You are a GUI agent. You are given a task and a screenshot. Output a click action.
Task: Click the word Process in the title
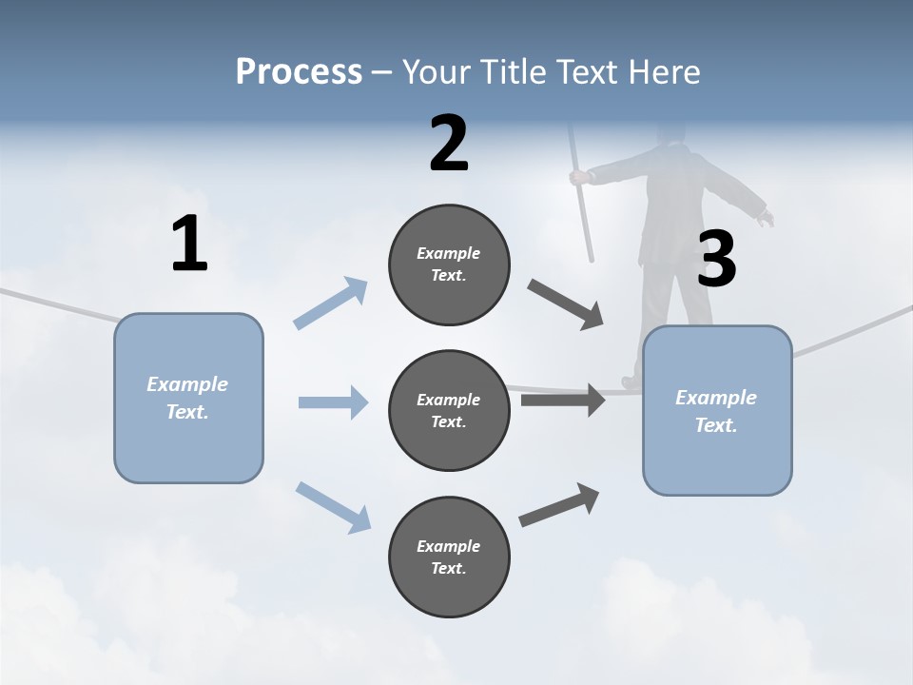[299, 71]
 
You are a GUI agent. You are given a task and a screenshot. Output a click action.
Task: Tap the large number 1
[189, 245]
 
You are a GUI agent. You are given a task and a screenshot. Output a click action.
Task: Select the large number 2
[449, 144]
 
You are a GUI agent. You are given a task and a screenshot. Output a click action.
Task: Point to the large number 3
[716, 259]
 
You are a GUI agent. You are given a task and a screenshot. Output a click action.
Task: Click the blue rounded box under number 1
[188, 398]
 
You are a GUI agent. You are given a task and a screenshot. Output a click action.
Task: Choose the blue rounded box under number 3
[717, 411]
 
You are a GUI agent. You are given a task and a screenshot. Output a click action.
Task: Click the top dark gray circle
[449, 264]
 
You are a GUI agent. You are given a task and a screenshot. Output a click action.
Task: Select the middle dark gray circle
[449, 411]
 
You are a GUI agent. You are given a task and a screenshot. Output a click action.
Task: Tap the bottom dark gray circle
[449, 558]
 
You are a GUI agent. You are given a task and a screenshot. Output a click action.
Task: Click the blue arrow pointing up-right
[331, 303]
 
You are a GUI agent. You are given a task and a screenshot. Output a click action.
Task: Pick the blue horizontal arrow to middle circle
[333, 402]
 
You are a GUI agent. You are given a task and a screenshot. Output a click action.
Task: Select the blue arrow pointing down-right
[333, 506]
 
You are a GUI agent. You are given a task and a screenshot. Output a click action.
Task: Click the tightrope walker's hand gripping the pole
[577, 176]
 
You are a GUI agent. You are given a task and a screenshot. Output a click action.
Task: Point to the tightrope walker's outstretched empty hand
[765, 219]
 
